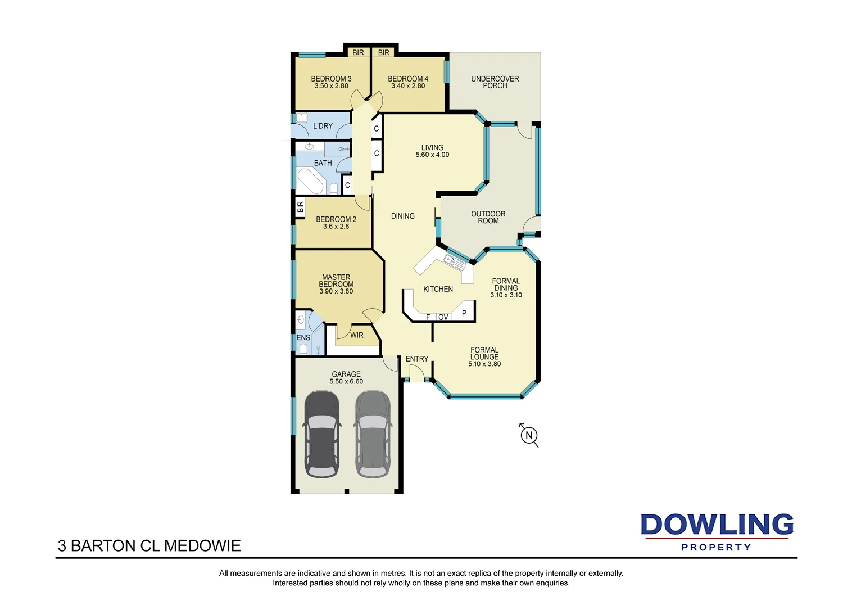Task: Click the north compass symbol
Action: [x=529, y=435]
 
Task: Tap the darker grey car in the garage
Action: [x=321, y=434]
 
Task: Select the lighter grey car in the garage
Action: [x=373, y=434]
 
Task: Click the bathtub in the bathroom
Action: [x=310, y=181]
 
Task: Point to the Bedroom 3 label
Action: [x=331, y=79]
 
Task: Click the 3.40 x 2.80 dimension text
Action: [x=408, y=86]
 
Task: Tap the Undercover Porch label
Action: [x=495, y=82]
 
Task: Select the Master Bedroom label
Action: [x=336, y=281]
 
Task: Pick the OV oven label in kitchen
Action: [x=443, y=317]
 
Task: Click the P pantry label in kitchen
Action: [x=464, y=313]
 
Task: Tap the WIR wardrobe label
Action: [x=357, y=335]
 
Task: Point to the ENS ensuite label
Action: [x=303, y=338]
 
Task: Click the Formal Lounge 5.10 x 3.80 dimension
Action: [x=484, y=364]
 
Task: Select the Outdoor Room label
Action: [x=488, y=217]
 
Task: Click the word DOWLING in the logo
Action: [x=717, y=525]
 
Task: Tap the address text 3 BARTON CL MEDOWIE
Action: [x=149, y=546]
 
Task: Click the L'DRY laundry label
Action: [x=323, y=126]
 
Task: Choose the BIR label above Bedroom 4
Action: [x=384, y=53]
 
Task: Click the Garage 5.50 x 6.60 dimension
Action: [x=346, y=382]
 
